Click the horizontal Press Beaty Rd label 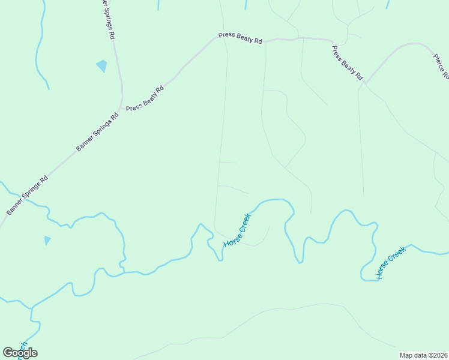241,37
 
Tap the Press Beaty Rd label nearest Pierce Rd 348,63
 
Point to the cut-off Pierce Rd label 441,65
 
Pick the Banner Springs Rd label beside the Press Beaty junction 97,131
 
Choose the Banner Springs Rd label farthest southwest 27,196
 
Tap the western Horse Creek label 237,230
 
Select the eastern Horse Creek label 391,262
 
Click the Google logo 20,353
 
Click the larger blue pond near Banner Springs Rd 101,65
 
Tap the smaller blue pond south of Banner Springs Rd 47,240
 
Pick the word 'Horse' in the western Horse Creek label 231,238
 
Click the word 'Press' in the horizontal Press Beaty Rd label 227,35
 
